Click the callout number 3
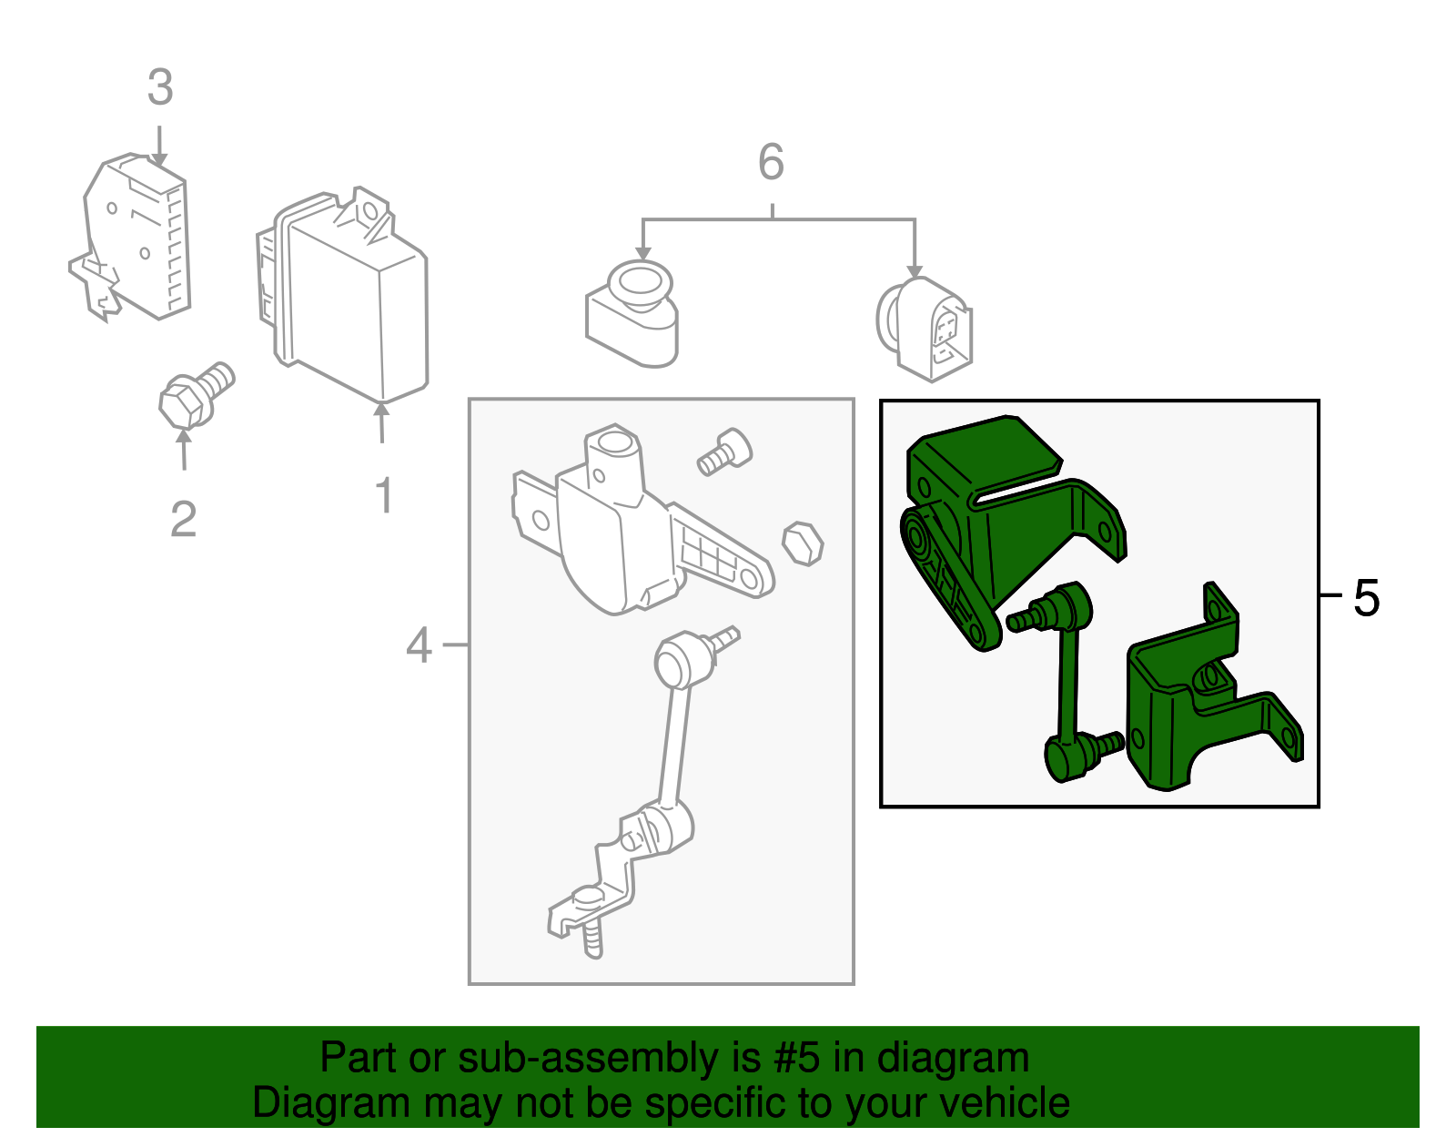click(160, 88)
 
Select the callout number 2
click(183, 520)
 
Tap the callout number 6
click(771, 163)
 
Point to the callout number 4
click(419, 645)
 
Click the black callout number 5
click(1366, 598)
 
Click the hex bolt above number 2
click(194, 396)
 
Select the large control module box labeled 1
click(350, 300)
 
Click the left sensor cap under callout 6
click(633, 314)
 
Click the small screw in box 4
click(724, 452)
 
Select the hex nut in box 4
click(803, 543)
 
